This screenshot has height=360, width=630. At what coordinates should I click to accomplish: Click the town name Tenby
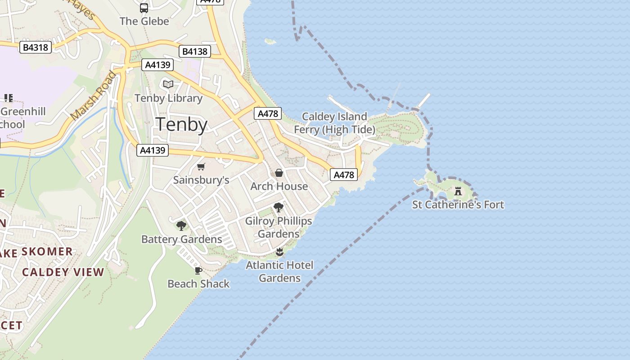pyautogui.click(x=182, y=125)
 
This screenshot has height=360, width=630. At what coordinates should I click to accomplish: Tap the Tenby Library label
pyautogui.click(x=168, y=98)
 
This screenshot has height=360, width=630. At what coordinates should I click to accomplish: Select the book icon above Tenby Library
pyautogui.click(x=168, y=84)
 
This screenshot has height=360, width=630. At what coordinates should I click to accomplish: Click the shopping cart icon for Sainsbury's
pyautogui.click(x=201, y=167)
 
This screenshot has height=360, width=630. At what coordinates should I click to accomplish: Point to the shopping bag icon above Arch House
pyautogui.click(x=279, y=173)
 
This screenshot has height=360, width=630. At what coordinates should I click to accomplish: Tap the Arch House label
pyautogui.click(x=279, y=186)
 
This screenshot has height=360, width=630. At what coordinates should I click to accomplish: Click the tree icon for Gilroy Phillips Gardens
pyautogui.click(x=279, y=207)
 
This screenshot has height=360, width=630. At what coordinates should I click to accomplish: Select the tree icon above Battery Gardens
pyautogui.click(x=181, y=225)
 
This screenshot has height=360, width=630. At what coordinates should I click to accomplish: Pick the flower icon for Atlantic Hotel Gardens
pyautogui.click(x=279, y=252)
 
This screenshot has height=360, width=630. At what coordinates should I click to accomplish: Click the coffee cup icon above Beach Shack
pyautogui.click(x=198, y=270)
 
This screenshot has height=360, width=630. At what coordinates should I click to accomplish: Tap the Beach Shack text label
pyautogui.click(x=198, y=284)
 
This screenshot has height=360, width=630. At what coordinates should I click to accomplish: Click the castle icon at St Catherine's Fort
pyautogui.click(x=458, y=191)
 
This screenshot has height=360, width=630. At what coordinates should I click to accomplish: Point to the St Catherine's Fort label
pyautogui.click(x=458, y=205)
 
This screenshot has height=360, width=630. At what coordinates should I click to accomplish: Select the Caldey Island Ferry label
pyautogui.click(x=334, y=123)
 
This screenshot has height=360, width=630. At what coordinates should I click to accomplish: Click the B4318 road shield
pyautogui.click(x=36, y=47)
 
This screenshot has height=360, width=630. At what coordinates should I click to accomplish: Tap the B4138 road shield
pyautogui.click(x=194, y=51)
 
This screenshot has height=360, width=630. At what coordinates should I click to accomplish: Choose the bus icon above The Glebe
pyautogui.click(x=144, y=8)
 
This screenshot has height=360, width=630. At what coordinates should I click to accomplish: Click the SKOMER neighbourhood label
pyautogui.click(x=47, y=252)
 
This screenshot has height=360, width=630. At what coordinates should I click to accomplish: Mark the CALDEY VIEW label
pyautogui.click(x=63, y=272)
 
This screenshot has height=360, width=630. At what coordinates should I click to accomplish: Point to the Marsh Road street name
pyautogui.click(x=94, y=96)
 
